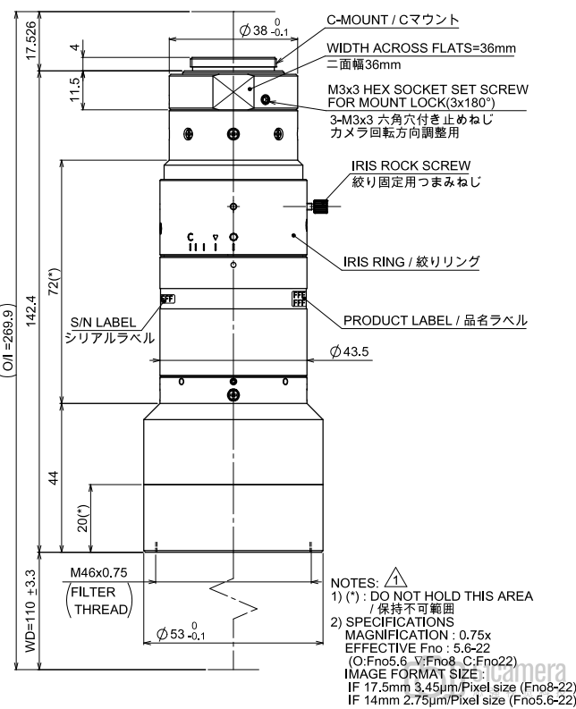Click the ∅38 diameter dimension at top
(262, 31)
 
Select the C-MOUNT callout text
(392, 20)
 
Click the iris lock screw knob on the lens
(322, 207)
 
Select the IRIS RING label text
(411, 262)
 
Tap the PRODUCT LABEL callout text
(435, 320)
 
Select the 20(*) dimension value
(81, 519)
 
